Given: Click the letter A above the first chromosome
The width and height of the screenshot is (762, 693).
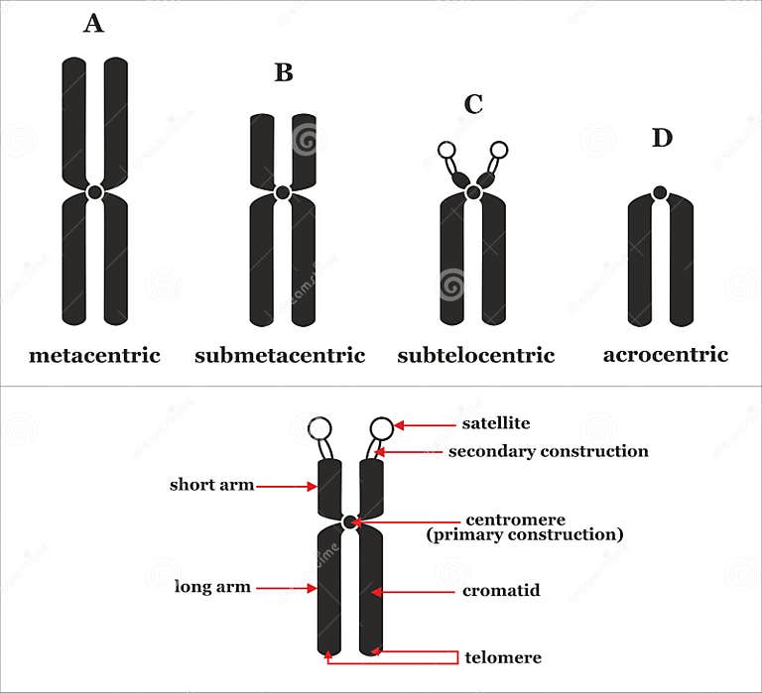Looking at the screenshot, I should point(93,23).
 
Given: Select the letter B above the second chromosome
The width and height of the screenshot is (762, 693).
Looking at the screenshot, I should point(284,72).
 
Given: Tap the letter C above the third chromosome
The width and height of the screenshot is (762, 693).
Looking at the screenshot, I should point(473,103).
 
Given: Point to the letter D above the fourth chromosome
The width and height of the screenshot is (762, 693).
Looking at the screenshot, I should point(662,138).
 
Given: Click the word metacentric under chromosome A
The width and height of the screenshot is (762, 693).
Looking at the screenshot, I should point(94,355).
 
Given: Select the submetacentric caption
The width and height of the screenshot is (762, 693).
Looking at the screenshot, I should point(280,355).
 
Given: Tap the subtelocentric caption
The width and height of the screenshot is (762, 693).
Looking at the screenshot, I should point(476,355).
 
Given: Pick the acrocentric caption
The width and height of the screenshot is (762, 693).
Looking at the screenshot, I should point(666,354).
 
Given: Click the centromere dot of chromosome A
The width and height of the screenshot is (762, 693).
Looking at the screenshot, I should point(94,192).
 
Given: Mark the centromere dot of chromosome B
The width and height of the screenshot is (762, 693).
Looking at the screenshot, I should point(283,192).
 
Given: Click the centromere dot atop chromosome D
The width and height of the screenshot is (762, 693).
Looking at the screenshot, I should point(661,192).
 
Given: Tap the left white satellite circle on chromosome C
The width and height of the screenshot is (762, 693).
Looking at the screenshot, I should point(446,151).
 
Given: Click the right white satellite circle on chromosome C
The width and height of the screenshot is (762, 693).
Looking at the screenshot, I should point(499,151).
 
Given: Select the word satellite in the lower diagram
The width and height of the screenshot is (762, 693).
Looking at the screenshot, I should point(496,423).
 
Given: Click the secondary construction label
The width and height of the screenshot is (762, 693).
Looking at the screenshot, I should point(548,451).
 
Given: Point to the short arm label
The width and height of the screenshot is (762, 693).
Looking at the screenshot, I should point(211,485).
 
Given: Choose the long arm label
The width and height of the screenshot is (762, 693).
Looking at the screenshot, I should point(213,587).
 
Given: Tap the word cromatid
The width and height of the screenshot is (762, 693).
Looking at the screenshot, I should point(501,591).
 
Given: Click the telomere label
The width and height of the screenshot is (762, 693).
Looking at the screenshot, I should point(502,657).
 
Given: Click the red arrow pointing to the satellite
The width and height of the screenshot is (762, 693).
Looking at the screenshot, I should point(425,425).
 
